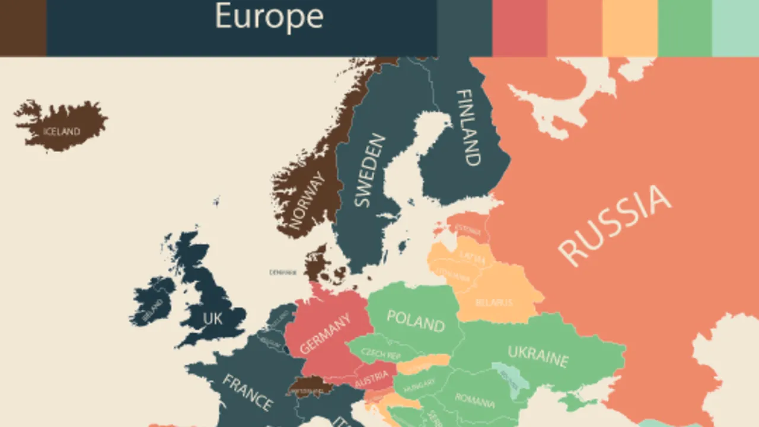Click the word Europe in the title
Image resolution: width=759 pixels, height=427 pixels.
pos(269,17)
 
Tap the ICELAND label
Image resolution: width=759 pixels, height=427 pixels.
pos(62,132)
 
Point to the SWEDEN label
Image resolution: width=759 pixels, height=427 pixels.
pos(369,171)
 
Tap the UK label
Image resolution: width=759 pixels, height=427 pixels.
pos(212,318)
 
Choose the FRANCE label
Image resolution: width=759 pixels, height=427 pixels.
pos(247,391)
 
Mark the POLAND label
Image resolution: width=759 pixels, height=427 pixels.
pos(415,320)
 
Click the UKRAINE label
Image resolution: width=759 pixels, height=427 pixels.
pos(538,356)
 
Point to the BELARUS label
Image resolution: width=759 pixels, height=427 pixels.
pos(493,302)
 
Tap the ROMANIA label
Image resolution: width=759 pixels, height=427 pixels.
pos(474,400)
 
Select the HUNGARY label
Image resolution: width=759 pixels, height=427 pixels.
pos(419,388)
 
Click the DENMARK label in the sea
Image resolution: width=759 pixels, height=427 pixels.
pos(282,273)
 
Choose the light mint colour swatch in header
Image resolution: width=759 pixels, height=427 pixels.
pos(735,27)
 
